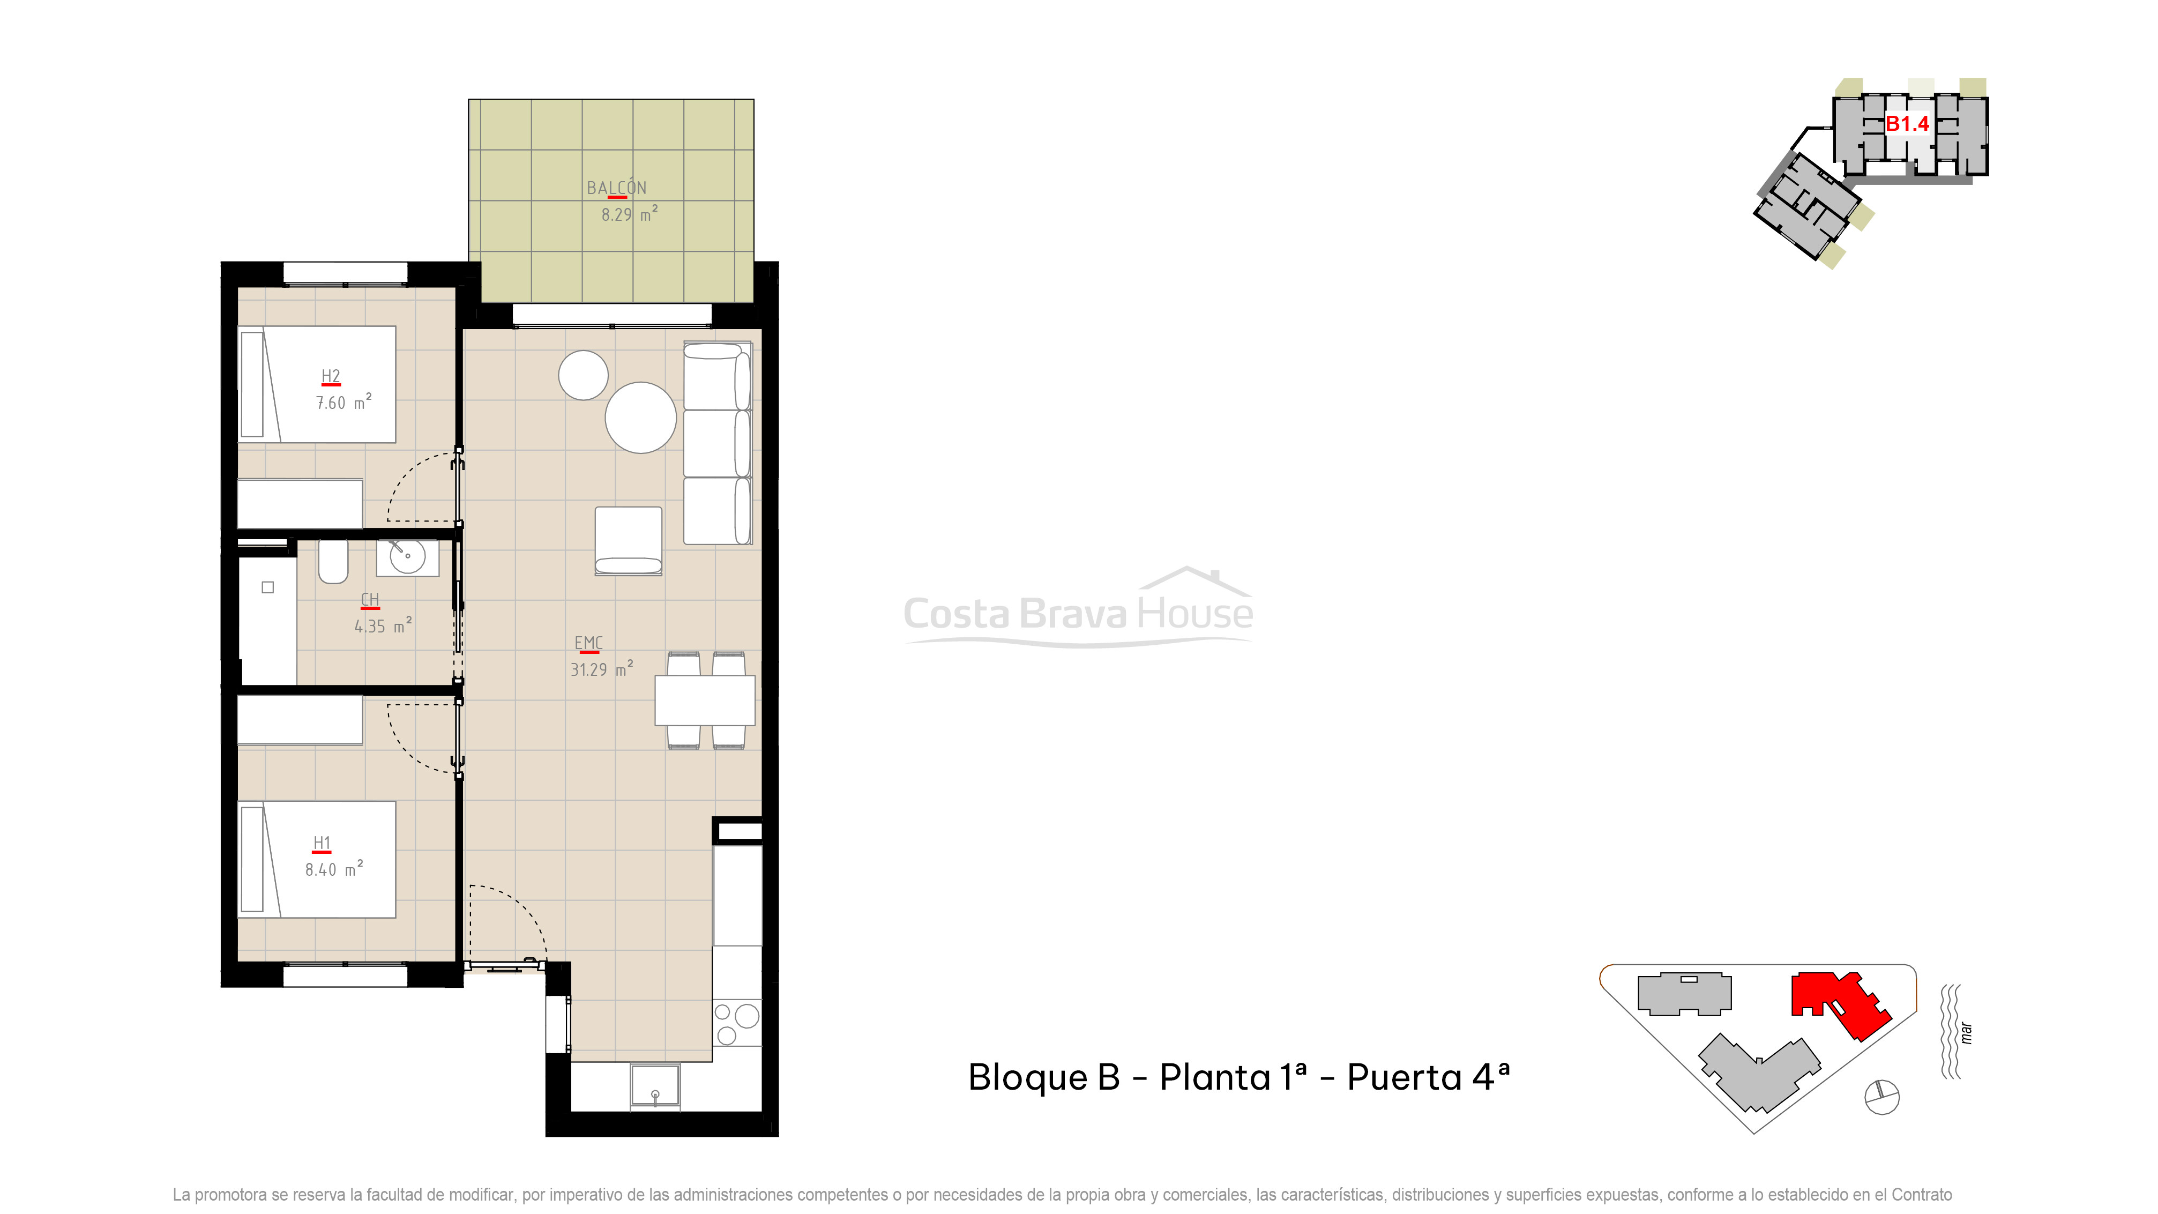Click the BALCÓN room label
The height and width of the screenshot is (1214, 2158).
click(617, 188)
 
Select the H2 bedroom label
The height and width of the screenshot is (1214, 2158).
click(331, 376)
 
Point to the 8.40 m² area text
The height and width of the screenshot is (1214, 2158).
click(333, 869)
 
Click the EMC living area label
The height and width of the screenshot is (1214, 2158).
click(588, 643)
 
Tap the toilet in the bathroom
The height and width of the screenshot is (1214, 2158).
click(333, 561)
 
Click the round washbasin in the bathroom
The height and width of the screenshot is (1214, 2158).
click(408, 556)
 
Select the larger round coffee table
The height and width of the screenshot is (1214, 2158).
click(641, 417)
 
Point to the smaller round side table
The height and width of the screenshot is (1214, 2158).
click(583, 375)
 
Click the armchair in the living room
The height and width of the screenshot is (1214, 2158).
click(628, 540)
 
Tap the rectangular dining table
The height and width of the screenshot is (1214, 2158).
click(705, 701)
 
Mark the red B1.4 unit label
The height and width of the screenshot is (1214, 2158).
click(1907, 124)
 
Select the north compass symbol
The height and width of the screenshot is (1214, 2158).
click(1883, 1097)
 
